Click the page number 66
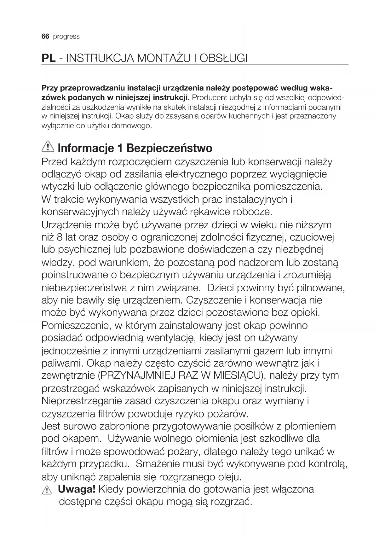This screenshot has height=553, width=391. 45,37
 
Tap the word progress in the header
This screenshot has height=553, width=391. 66,37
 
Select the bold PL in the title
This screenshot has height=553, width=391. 49,58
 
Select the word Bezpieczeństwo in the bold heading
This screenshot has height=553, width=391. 170,148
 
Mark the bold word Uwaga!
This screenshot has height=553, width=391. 77,489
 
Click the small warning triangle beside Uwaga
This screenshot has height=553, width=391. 47,490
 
